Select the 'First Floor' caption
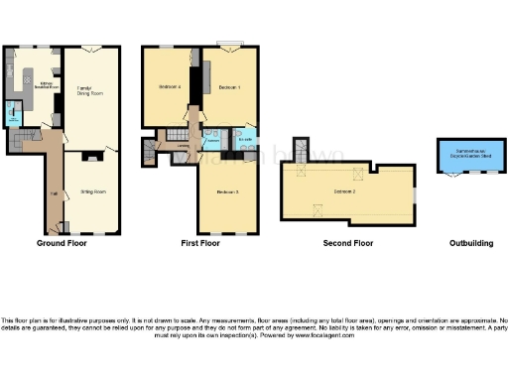[x=200, y=243]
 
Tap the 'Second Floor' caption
[x=348, y=243]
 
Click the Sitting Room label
[x=92, y=190]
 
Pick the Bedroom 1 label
[x=230, y=88]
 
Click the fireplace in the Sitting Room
[x=91, y=155]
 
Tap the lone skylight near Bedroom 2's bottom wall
[x=317, y=208]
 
